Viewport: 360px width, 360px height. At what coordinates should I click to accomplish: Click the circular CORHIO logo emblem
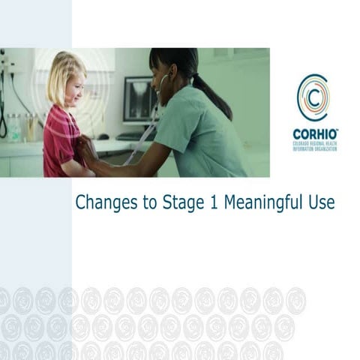[x=312, y=97]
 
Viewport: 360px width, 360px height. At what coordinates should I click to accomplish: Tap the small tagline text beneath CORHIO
[x=315, y=145]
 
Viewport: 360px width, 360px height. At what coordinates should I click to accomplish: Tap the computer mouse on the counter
[x=103, y=136]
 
